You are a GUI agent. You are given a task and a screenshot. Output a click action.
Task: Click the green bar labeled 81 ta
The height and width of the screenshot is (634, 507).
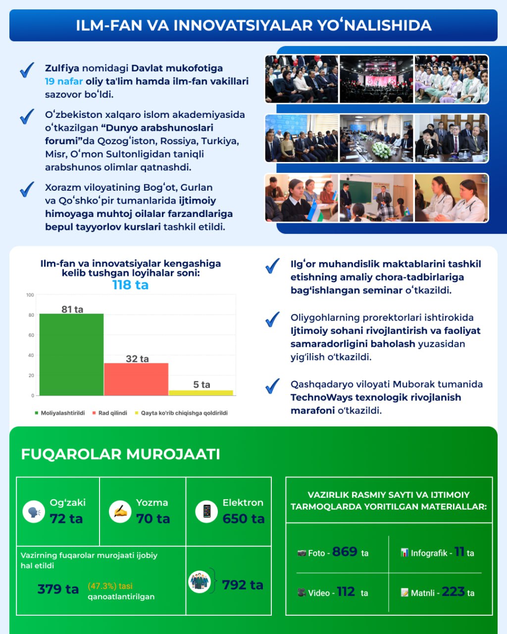pyautogui.click(x=72, y=354)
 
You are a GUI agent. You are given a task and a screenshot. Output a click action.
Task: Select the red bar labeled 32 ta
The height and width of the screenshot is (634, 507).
pyautogui.click(x=136, y=379)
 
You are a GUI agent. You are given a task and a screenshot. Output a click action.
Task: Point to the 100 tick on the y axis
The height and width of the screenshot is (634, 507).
pyautogui.click(x=30, y=295)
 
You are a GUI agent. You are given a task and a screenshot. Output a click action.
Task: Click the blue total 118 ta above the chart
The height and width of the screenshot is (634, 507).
pyautogui.click(x=130, y=285)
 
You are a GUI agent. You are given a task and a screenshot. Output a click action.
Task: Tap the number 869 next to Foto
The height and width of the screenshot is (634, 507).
pyautogui.click(x=345, y=552)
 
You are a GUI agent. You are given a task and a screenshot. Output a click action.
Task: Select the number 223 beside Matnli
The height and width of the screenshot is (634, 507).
pyautogui.click(x=453, y=591)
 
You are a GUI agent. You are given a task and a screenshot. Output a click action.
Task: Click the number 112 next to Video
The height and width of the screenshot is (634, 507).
pyautogui.click(x=346, y=592)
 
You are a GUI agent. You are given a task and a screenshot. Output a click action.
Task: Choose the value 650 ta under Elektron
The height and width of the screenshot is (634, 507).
pyautogui.click(x=244, y=519)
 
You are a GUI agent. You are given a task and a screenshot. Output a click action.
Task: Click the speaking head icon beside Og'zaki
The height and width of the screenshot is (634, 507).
pyautogui.click(x=34, y=512)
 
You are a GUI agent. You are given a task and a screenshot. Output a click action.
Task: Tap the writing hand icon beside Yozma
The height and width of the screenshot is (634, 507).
pyautogui.click(x=120, y=511)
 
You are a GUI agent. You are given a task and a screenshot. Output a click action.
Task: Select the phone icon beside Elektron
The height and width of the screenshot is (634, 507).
pyautogui.click(x=206, y=511)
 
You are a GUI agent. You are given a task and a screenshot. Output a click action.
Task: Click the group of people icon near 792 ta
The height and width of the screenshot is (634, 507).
pyautogui.click(x=200, y=581)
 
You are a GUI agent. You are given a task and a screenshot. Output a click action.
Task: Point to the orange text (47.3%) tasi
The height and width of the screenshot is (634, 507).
pyautogui.click(x=110, y=586)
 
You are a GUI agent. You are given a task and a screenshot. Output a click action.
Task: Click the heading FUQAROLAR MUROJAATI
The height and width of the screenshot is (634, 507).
pyautogui.click(x=120, y=454)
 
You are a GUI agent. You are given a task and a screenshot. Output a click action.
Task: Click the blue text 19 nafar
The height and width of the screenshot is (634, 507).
pyautogui.click(x=64, y=81)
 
